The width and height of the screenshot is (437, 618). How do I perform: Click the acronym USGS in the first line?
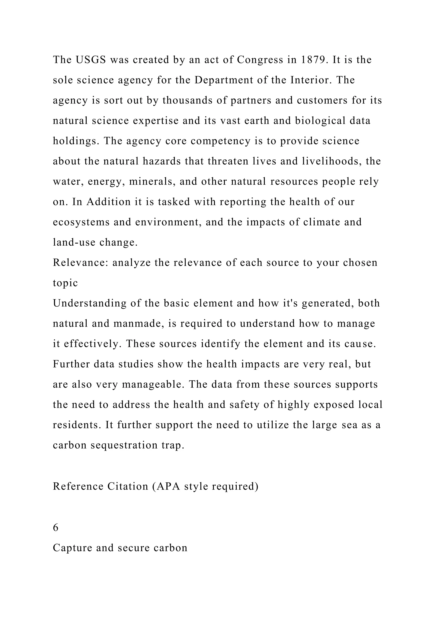click(x=91, y=60)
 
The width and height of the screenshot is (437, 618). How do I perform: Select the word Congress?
click(x=260, y=60)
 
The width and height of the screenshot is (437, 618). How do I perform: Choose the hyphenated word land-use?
click(x=74, y=242)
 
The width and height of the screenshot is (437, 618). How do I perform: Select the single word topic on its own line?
click(x=65, y=283)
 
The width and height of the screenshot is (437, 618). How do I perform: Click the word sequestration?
click(x=124, y=445)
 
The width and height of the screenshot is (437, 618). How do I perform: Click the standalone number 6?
click(x=56, y=528)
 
